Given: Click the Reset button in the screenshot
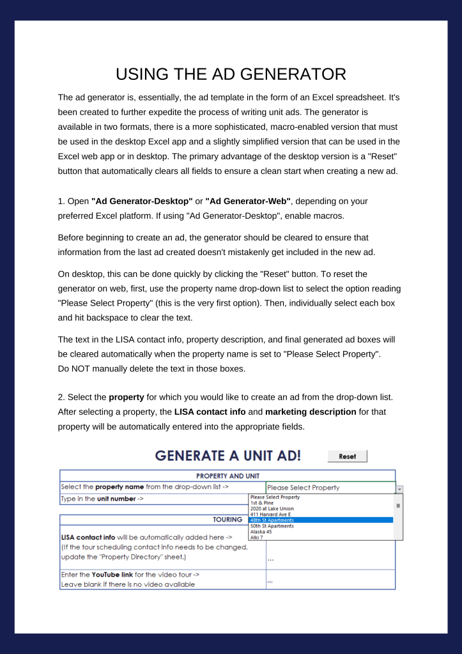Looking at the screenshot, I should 348,456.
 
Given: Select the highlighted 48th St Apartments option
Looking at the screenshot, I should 272,520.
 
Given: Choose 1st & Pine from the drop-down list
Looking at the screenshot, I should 260,502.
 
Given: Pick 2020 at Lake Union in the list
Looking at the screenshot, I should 272,508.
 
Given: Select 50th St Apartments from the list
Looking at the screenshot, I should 272,526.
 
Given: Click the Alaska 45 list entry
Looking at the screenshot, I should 261,531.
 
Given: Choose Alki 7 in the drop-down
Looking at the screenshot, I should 257,537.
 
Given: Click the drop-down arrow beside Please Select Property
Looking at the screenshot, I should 399,488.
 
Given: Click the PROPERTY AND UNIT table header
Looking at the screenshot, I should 227,476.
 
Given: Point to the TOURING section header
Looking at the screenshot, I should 227,520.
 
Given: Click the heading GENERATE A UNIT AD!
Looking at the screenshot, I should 228,456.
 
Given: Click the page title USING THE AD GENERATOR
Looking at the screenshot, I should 231,74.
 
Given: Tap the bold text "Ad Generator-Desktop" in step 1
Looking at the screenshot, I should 142,201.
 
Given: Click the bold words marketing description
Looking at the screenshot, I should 311,412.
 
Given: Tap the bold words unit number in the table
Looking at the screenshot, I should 116,498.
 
